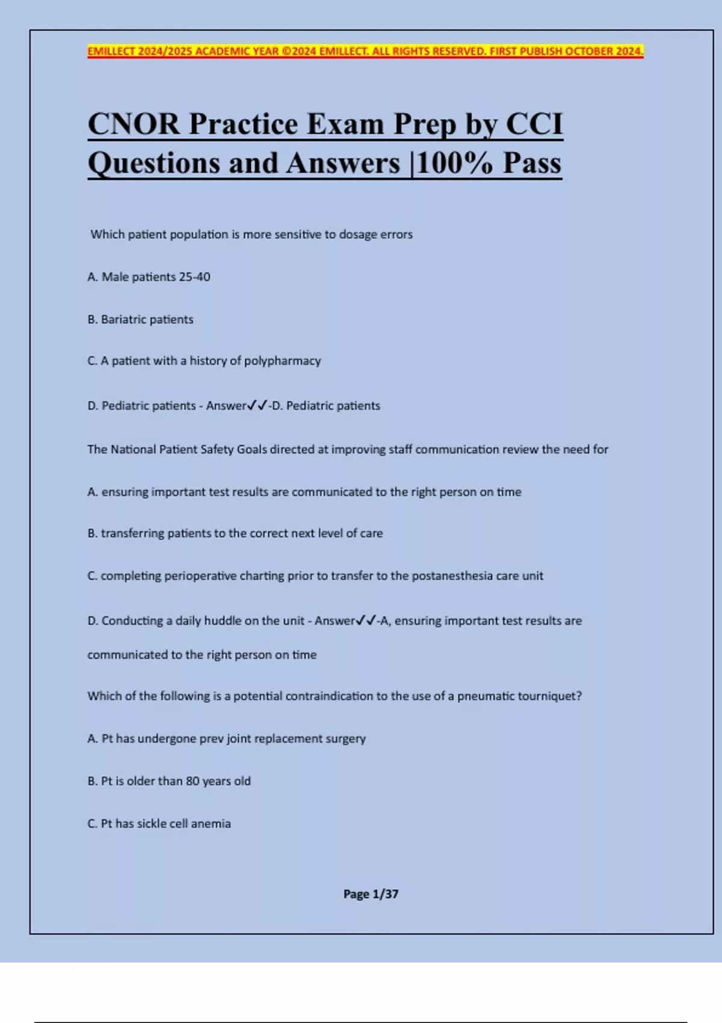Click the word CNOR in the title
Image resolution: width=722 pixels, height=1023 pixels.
(x=134, y=125)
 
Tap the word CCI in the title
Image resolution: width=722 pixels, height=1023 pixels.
(x=534, y=125)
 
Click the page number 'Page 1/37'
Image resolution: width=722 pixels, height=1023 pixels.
(x=371, y=894)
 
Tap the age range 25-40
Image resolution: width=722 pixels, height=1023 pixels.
(x=194, y=277)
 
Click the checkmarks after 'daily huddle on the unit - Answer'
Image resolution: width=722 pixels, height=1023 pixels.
(x=366, y=620)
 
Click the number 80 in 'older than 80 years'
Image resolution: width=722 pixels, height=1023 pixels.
(x=193, y=781)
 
